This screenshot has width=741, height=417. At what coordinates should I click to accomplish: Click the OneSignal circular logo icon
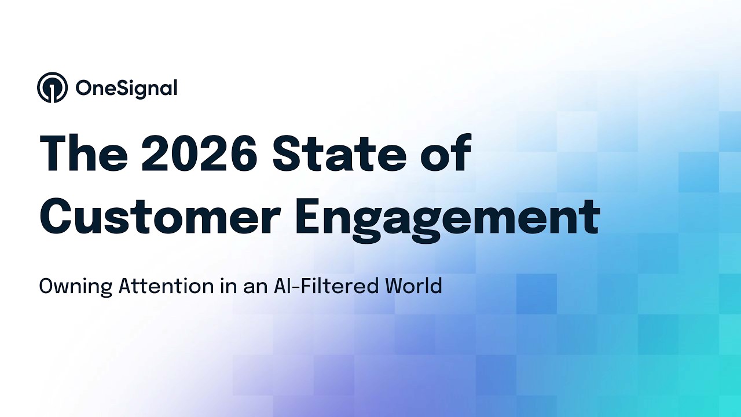coord(52,87)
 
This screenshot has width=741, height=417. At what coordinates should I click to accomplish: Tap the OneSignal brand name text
coord(126,88)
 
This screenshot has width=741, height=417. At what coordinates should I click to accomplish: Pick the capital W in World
coord(399,286)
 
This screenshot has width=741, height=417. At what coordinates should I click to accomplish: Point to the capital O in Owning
coord(46,286)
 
